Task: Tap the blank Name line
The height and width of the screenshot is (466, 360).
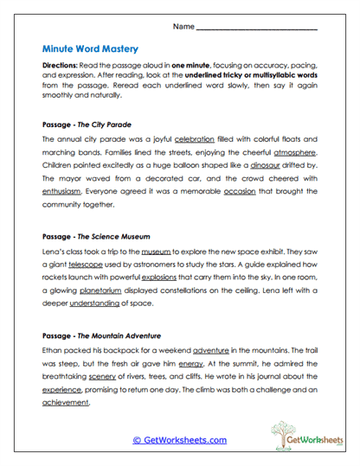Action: [257, 29]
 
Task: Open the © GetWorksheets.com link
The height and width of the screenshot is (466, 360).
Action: [180, 440]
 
